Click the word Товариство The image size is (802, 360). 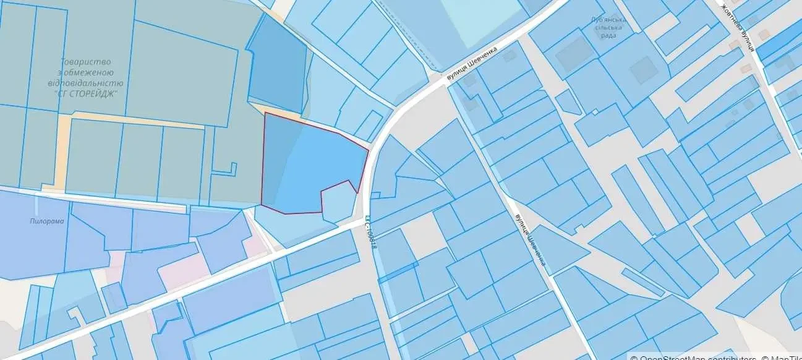[85, 62]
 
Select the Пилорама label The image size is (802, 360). [46, 221]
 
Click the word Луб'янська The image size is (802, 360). [608, 20]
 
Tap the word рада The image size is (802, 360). [608, 35]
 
